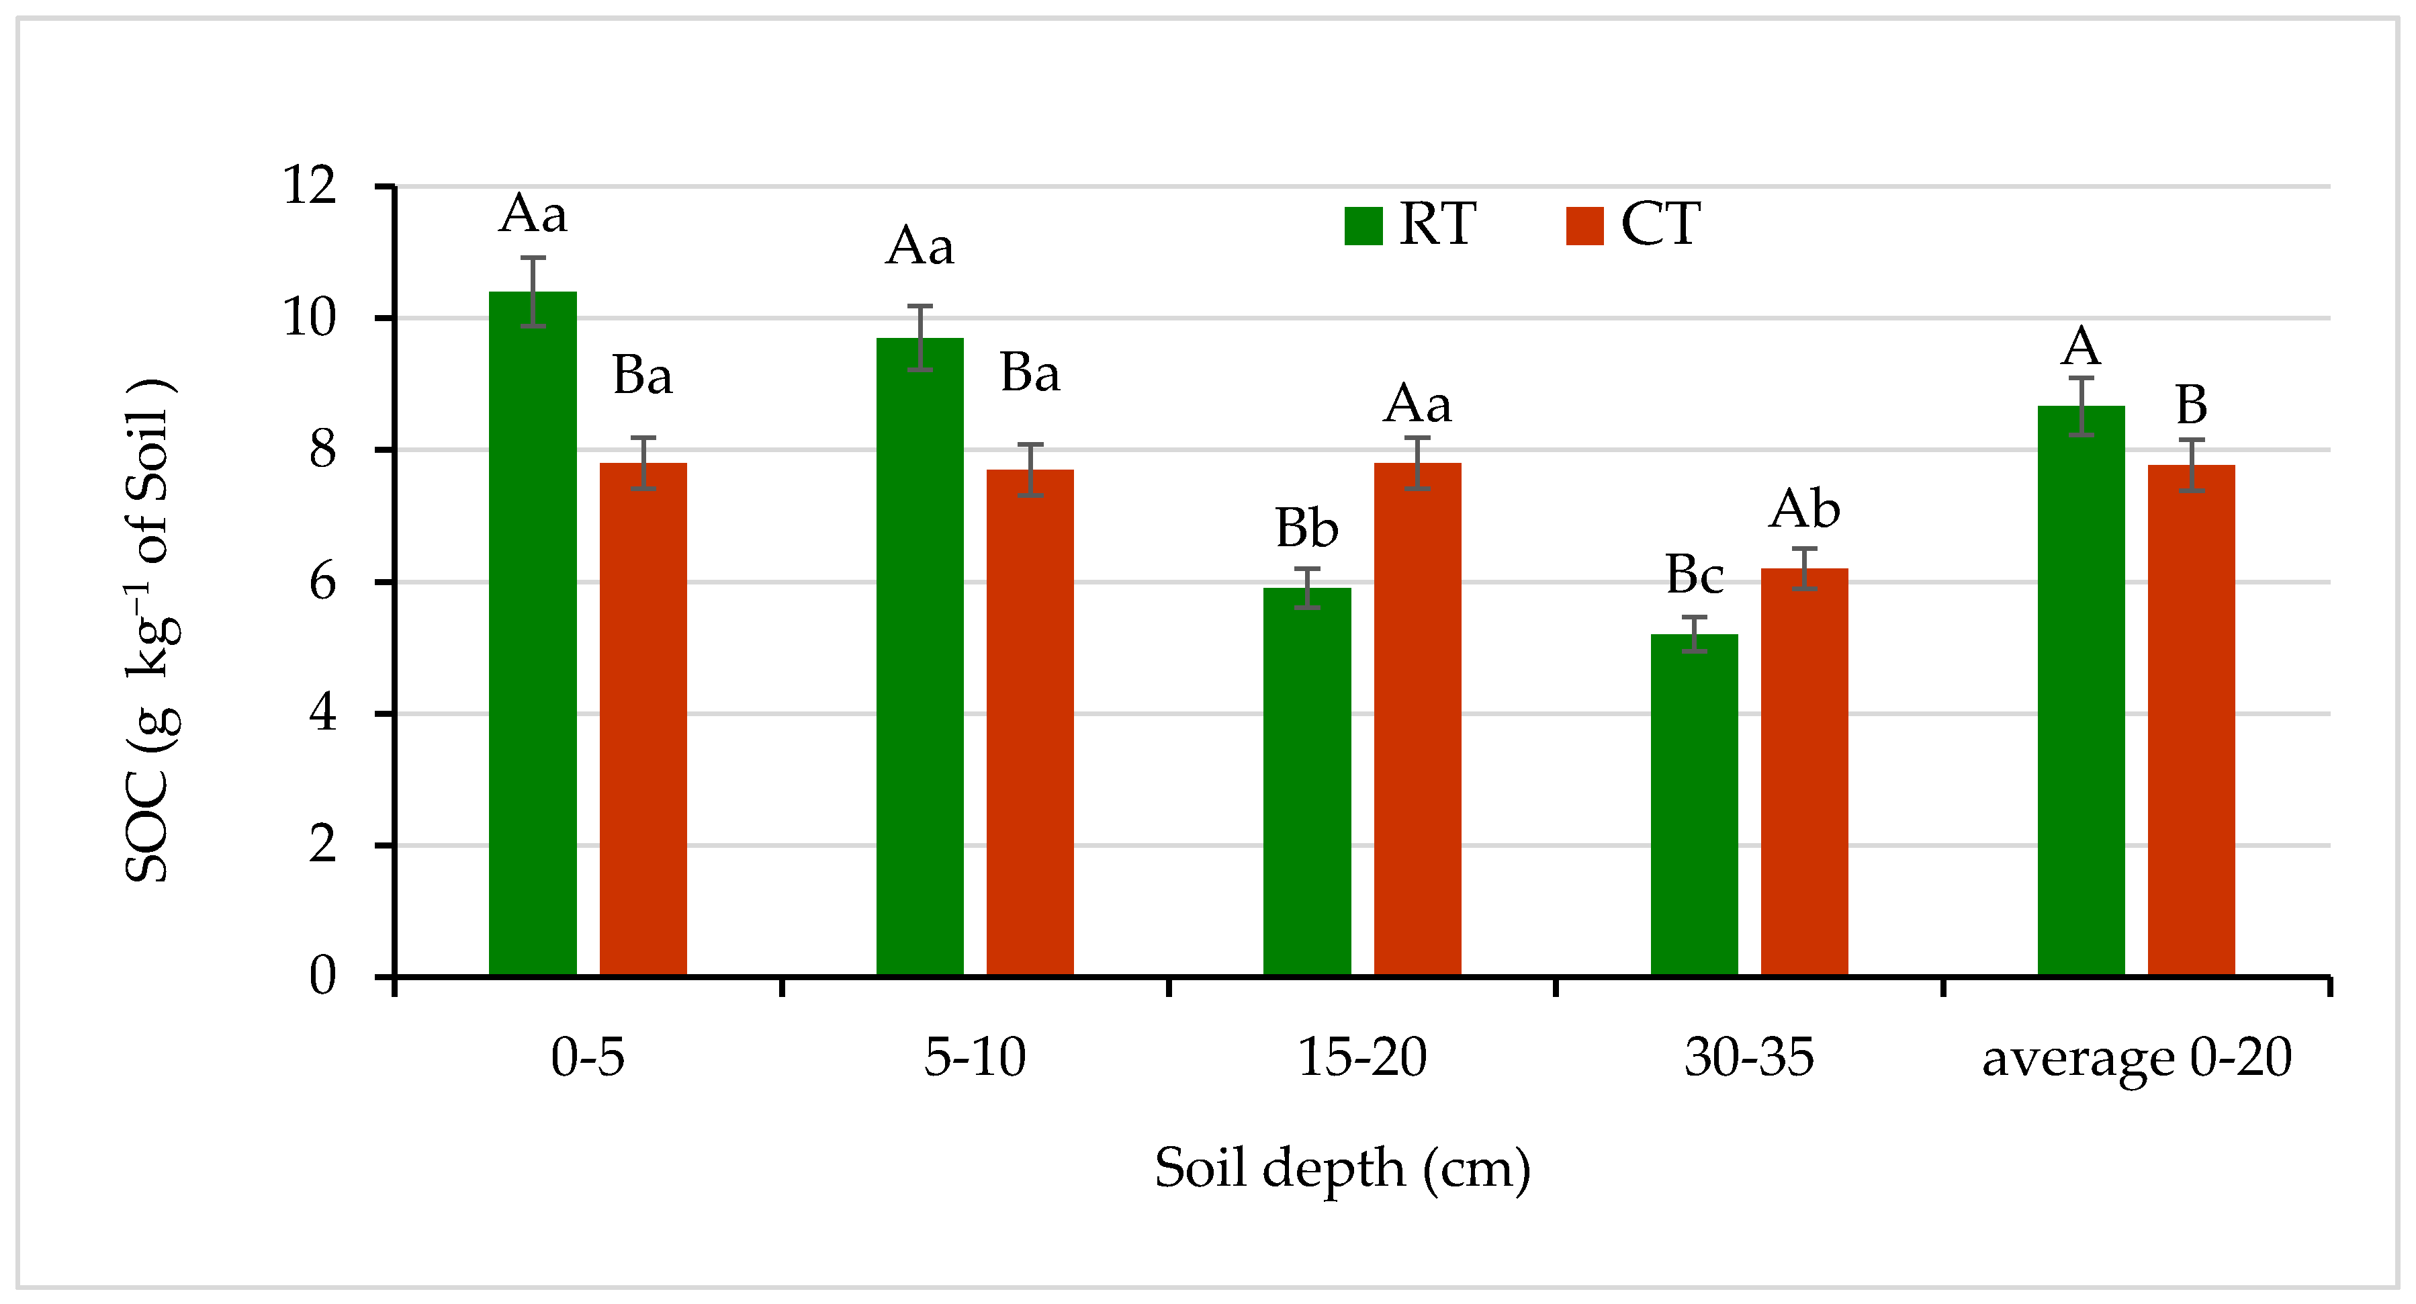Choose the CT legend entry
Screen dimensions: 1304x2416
(x=1633, y=224)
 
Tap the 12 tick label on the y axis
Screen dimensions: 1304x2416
(x=310, y=185)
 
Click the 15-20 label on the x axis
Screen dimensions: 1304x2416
(x=1362, y=1057)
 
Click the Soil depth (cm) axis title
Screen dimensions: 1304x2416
(x=1342, y=1169)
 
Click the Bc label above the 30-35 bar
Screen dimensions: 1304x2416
(x=1694, y=574)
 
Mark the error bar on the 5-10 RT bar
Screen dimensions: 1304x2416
(x=920, y=338)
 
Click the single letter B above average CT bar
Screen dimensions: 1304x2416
(x=2191, y=405)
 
